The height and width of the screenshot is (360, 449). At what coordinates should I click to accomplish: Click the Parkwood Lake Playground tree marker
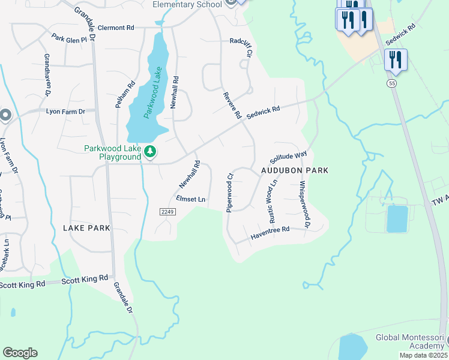[x=151, y=153]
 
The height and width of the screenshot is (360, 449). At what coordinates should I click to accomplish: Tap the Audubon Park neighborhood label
[x=295, y=170]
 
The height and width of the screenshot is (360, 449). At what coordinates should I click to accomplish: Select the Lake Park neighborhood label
[x=87, y=228]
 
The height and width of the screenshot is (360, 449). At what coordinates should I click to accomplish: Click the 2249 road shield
[x=167, y=212]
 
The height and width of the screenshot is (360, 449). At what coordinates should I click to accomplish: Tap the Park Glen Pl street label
[x=74, y=38]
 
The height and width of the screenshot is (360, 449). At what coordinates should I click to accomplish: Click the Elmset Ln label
[x=190, y=199]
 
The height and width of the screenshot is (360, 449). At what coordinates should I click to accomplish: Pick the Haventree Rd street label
[x=270, y=233]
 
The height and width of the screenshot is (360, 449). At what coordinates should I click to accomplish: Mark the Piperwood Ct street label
[x=229, y=193]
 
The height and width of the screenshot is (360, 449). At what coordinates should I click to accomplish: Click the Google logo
[x=20, y=353]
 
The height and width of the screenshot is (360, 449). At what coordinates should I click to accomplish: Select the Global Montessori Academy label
[x=411, y=342]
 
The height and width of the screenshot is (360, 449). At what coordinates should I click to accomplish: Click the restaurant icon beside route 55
[x=396, y=59]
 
